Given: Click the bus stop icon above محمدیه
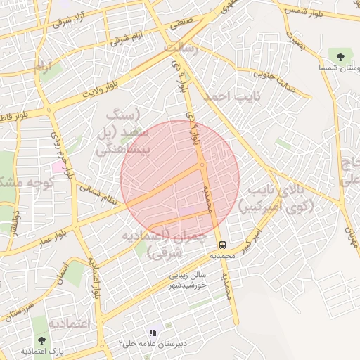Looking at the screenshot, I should point(223,245).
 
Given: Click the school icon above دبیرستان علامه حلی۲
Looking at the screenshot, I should point(152,332).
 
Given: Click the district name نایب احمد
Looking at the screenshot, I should point(236,94).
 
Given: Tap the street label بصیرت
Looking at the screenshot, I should point(295,44).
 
